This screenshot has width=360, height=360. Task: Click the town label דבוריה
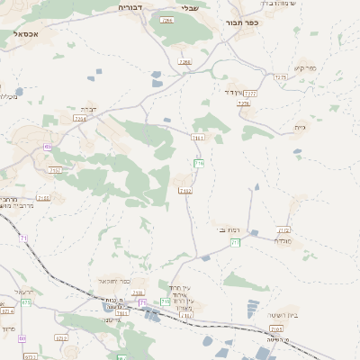pyautogui.click(x=133, y=7)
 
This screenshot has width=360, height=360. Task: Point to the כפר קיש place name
pyautogui.click(x=305, y=68)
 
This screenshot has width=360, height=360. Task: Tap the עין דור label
pyautogui.click(x=231, y=92)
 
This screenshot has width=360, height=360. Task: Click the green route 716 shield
pyautogui.click(x=199, y=163)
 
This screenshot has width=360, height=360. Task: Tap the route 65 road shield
pyautogui.click(x=47, y=148)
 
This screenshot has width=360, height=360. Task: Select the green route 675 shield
pyautogui.click(x=27, y=302)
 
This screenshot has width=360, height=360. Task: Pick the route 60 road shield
pyautogui.click(x=22, y=339)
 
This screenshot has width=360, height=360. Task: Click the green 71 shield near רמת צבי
pyautogui.click(x=235, y=243)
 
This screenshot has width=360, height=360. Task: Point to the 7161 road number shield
pyautogui.click(x=198, y=138)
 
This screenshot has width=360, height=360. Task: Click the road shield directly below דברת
pyautogui.click(x=80, y=118)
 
